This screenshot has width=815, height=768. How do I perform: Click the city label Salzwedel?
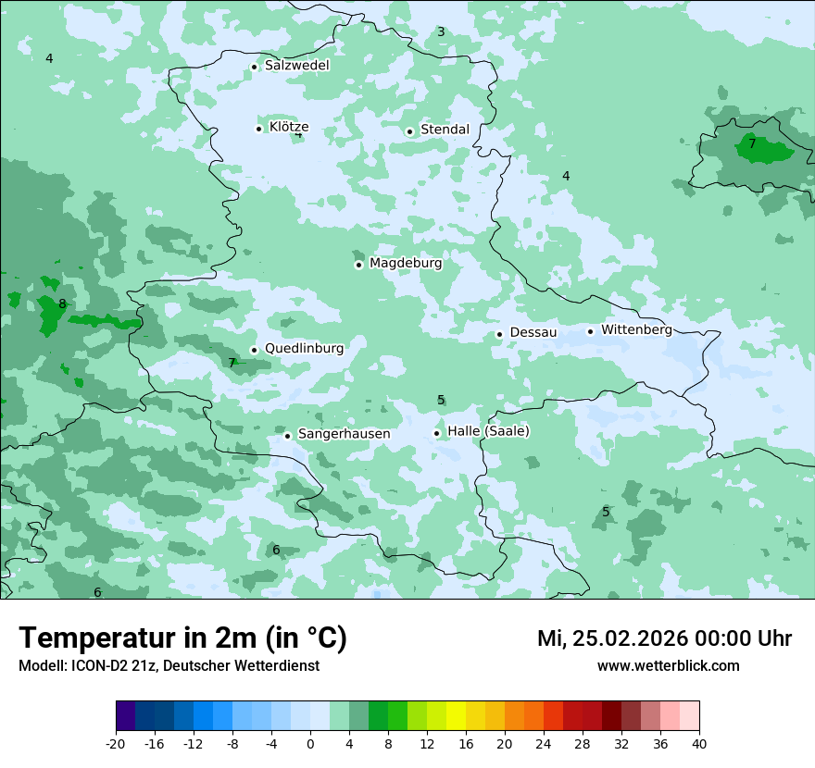[296, 66]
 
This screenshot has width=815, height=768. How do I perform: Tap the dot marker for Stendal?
[409, 131]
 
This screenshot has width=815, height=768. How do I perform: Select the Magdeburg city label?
[406, 264]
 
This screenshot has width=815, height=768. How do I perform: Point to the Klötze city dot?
[258, 129]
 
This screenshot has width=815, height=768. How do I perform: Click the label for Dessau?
[533, 333]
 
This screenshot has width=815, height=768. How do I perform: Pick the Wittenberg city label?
[636, 330]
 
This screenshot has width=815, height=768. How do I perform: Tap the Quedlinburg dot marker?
[254, 350]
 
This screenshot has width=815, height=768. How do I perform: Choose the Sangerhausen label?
[344, 434]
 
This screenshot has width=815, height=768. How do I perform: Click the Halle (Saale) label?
[488, 431]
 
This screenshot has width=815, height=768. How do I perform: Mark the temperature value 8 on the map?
[62, 304]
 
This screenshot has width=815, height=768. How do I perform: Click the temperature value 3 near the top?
[441, 32]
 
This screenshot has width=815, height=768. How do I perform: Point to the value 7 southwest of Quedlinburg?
[232, 364]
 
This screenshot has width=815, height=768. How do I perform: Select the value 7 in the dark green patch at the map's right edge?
[752, 143]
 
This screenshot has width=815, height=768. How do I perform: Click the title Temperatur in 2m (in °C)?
[182, 638]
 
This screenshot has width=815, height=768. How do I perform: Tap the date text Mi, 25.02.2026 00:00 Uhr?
[664, 638]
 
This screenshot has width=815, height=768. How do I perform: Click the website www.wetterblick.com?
[668, 666]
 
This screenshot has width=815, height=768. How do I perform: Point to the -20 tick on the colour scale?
[116, 744]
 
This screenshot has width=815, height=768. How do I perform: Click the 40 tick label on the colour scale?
[698, 744]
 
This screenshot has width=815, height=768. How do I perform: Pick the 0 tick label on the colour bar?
[310, 744]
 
